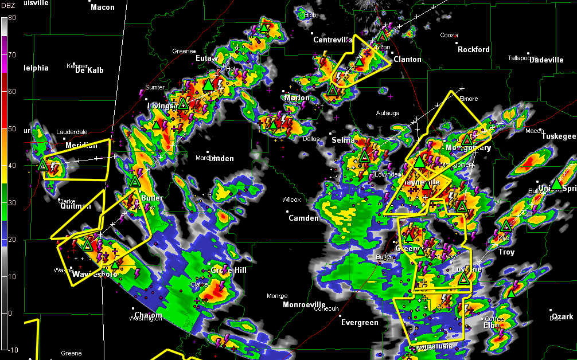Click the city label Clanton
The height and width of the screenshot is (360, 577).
tap(407, 60)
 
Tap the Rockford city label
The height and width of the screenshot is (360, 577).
tap(473, 50)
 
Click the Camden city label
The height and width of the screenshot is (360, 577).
tap(303, 218)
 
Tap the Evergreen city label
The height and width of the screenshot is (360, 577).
tap(360, 323)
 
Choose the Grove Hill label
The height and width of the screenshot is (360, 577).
tap(228, 270)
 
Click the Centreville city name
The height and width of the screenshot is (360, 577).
tap(333, 40)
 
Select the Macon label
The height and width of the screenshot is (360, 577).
tap(103, 7)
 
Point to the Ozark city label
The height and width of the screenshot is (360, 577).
tap(562, 317)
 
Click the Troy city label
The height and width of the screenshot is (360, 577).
tap(506, 252)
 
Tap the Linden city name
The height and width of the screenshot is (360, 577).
tap(221, 159)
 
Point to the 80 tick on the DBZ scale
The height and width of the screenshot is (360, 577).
tap(11, 18)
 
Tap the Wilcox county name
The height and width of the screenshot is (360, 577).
tap(291, 200)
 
